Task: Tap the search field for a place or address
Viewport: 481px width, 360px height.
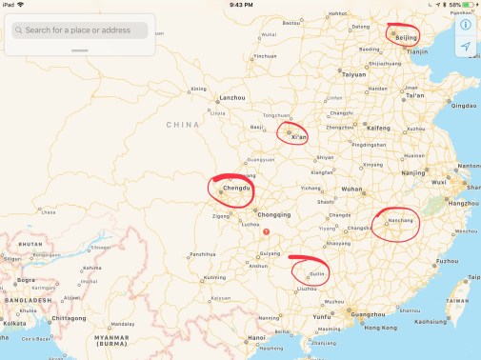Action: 80,30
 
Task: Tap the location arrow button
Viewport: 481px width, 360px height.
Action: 466,47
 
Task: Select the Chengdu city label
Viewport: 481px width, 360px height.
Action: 235,190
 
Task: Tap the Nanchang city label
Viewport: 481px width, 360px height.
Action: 401,221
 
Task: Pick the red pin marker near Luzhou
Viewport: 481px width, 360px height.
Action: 267,231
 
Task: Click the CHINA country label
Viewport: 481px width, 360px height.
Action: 182,125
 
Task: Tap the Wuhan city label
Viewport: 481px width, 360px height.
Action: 351,190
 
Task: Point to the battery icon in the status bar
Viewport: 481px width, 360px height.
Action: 469,5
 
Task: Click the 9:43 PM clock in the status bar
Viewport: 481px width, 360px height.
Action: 240,5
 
